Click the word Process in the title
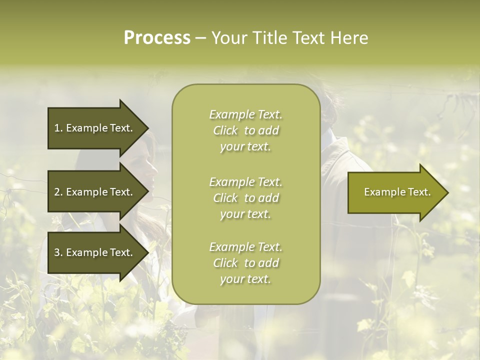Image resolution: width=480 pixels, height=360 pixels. [157, 38]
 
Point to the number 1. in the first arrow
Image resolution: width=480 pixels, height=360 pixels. [58, 128]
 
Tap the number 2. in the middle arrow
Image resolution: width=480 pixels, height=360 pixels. [58, 192]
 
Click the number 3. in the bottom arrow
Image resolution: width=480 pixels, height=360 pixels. [58, 252]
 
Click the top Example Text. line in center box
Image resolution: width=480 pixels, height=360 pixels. [245, 114]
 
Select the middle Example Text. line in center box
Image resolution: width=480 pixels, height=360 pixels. [245, 182]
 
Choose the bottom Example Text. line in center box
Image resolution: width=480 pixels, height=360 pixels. [245, 247]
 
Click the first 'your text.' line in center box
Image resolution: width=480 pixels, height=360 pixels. [245, 147]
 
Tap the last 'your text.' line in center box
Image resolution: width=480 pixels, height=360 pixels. [245, 279]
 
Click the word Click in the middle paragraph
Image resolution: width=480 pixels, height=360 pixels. [225, 198]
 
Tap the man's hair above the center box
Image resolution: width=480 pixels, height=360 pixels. [330, 100]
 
